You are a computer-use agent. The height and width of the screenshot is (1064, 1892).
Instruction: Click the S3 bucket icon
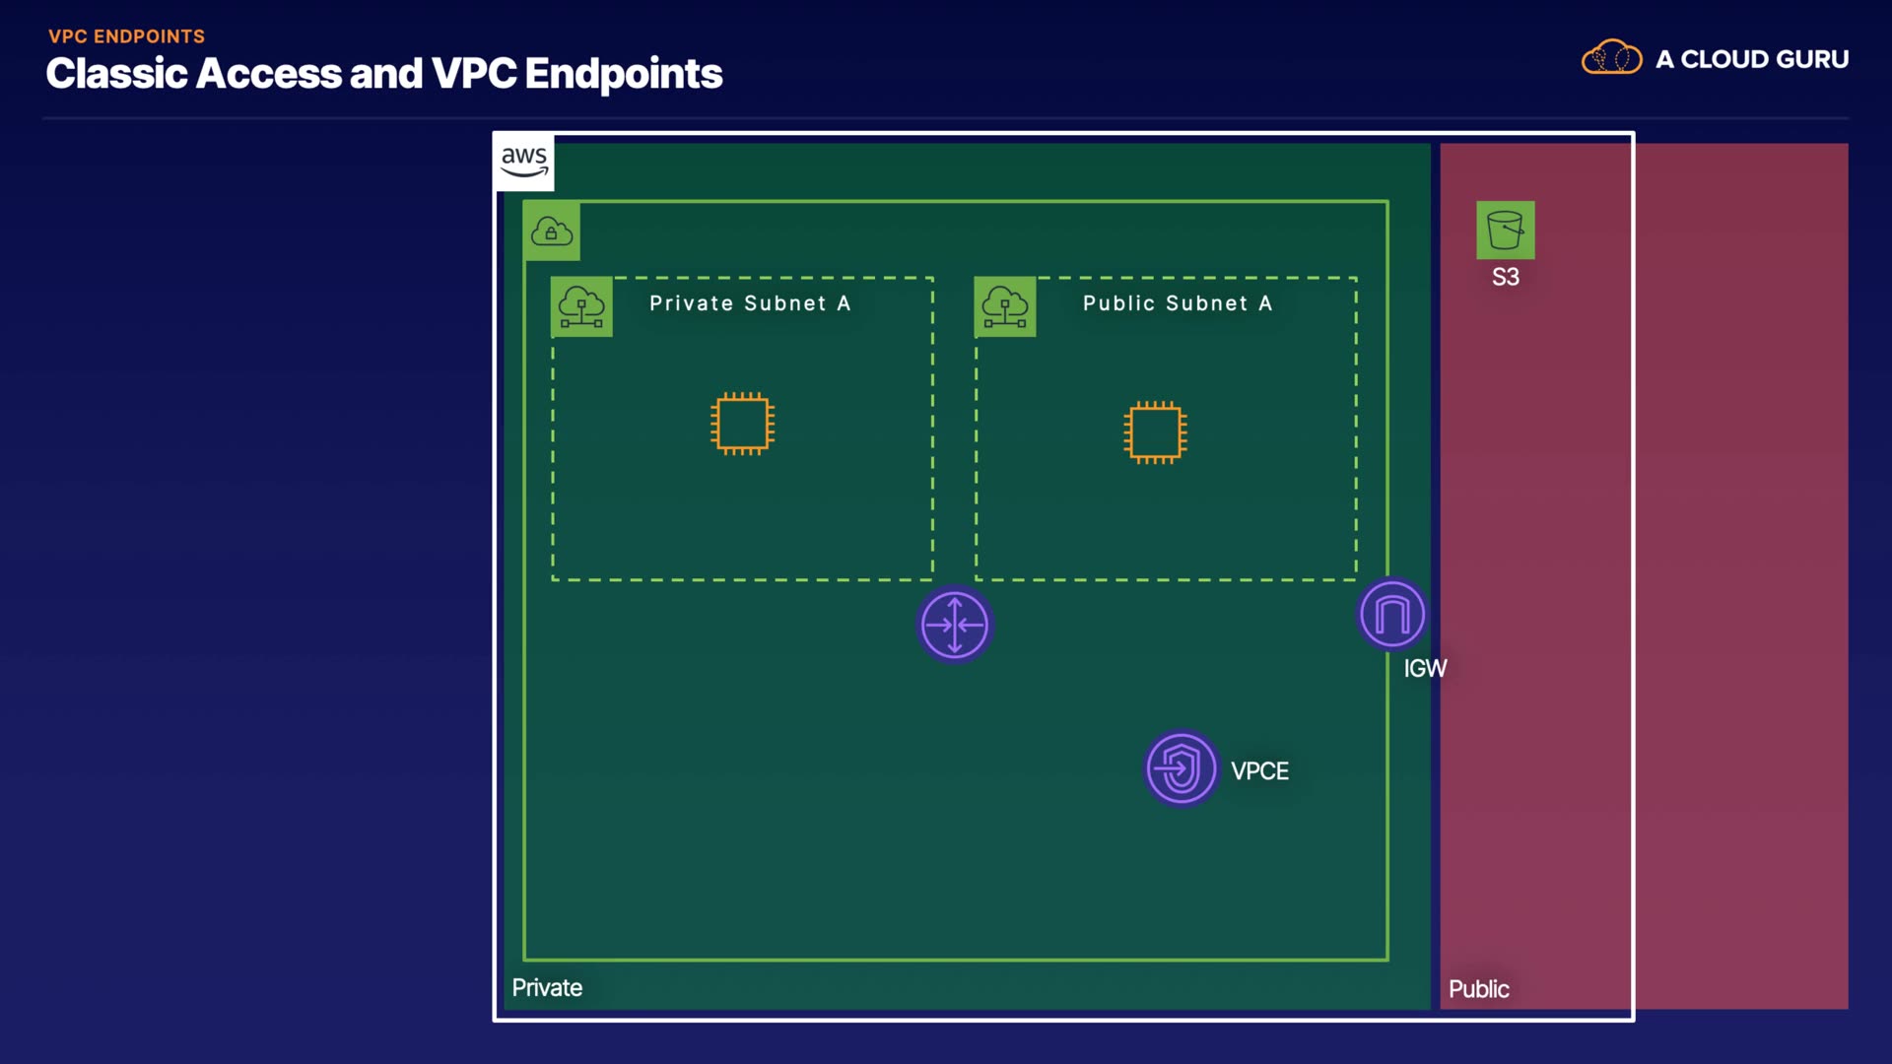1505,231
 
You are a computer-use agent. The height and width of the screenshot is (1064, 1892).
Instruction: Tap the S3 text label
1505,278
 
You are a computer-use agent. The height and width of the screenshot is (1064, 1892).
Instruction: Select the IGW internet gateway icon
1391,615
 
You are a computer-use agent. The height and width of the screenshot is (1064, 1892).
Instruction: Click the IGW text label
1425,669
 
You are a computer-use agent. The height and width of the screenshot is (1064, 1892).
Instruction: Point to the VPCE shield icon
1181,768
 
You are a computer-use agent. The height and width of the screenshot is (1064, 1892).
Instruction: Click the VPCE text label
1259,771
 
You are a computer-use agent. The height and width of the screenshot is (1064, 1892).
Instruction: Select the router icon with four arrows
954,625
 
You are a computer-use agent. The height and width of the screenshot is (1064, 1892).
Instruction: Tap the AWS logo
524,162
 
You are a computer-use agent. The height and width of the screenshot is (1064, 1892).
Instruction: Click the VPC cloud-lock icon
552,232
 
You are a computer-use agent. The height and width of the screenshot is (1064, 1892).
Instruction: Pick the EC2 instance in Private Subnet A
742,424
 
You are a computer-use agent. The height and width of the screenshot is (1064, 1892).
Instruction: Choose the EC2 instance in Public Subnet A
1155,432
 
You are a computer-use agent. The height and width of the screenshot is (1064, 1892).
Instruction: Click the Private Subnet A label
749,303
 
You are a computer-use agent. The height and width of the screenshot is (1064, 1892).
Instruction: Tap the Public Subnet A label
1178,303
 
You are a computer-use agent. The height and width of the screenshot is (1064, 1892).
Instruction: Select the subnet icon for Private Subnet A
581,306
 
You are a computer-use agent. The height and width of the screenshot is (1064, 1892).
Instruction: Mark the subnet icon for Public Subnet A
1005,306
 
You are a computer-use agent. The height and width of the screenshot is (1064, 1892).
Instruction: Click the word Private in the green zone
547,988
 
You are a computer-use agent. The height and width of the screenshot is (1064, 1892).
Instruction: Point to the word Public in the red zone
1478,989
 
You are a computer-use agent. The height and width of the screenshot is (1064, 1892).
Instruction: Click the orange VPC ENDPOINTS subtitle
127,36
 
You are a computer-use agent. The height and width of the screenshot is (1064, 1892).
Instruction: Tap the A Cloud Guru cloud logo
1611,58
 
